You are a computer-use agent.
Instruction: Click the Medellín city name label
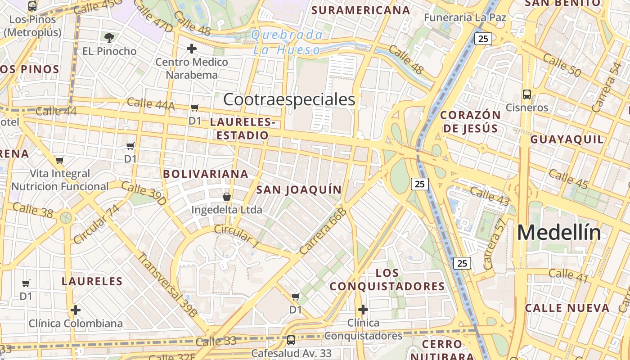tap(558, 233)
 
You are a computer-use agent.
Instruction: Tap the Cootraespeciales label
tap(289, 99)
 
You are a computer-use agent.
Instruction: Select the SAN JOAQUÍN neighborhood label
tap(299, 189)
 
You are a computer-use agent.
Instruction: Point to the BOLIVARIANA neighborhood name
tap(206, 174)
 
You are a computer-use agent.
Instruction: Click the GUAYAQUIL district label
tap(567, 139)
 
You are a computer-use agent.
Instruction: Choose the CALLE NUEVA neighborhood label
tap(567, 308)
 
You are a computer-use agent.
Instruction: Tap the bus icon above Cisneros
tap(527, 94)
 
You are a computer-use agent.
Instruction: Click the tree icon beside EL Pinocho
tap(109, 37)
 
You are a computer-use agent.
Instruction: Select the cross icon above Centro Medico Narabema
tap(192, 49)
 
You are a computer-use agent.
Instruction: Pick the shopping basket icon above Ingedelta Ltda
tap(227, 197)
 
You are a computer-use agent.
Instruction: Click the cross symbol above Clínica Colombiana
tap(76, 310)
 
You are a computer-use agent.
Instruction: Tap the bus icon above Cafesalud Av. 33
tap(291, 340)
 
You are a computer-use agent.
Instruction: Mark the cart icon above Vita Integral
tap(60, 160)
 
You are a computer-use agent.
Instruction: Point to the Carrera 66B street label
tap(323, 231)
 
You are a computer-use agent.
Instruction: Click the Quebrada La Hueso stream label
tap(287, 42)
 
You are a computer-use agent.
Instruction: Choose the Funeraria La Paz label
tap(466, 18)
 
